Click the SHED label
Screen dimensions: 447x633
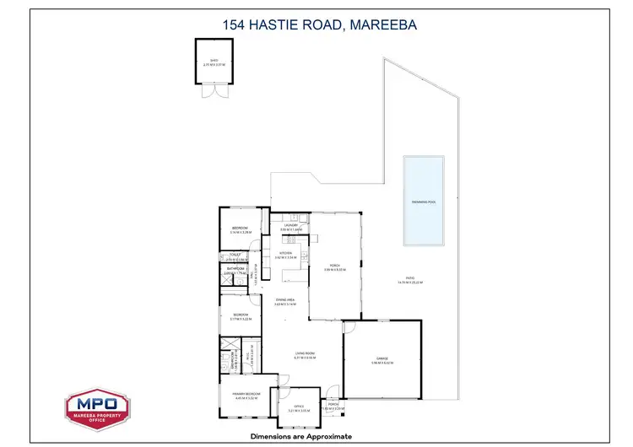214,59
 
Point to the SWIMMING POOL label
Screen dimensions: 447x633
423,203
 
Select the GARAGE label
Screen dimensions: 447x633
381,359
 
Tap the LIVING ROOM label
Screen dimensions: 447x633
305,353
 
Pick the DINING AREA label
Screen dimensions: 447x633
284,299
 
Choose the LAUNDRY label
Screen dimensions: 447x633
290,225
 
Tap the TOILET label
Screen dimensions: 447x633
235,255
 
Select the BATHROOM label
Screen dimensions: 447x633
235,268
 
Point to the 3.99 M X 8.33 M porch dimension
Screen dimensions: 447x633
335,270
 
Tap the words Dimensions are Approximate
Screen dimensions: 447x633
300,436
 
